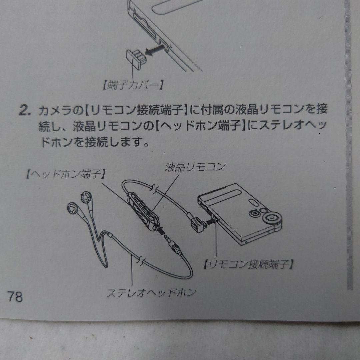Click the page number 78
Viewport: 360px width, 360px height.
pos(15,296)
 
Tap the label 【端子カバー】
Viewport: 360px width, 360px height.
pos(132,86)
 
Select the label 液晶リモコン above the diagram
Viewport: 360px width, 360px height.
pos(195,167)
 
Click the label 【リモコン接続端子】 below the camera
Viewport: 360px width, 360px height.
pos(249,265)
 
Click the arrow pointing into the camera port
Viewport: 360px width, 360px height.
pos(211,220)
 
